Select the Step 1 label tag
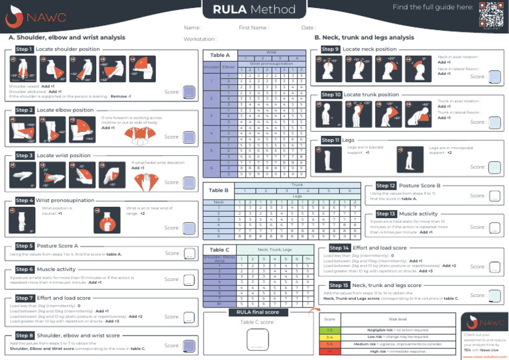[24, 50]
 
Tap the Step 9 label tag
[329, 50]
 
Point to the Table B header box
[219, 190]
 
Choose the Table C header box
[219, 250]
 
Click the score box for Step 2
[189, 136]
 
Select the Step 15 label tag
[339, 284]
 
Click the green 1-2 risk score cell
[329, 330]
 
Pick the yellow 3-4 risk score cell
[329, 337]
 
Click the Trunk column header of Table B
[298, 184]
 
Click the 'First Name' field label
[254, 28]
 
